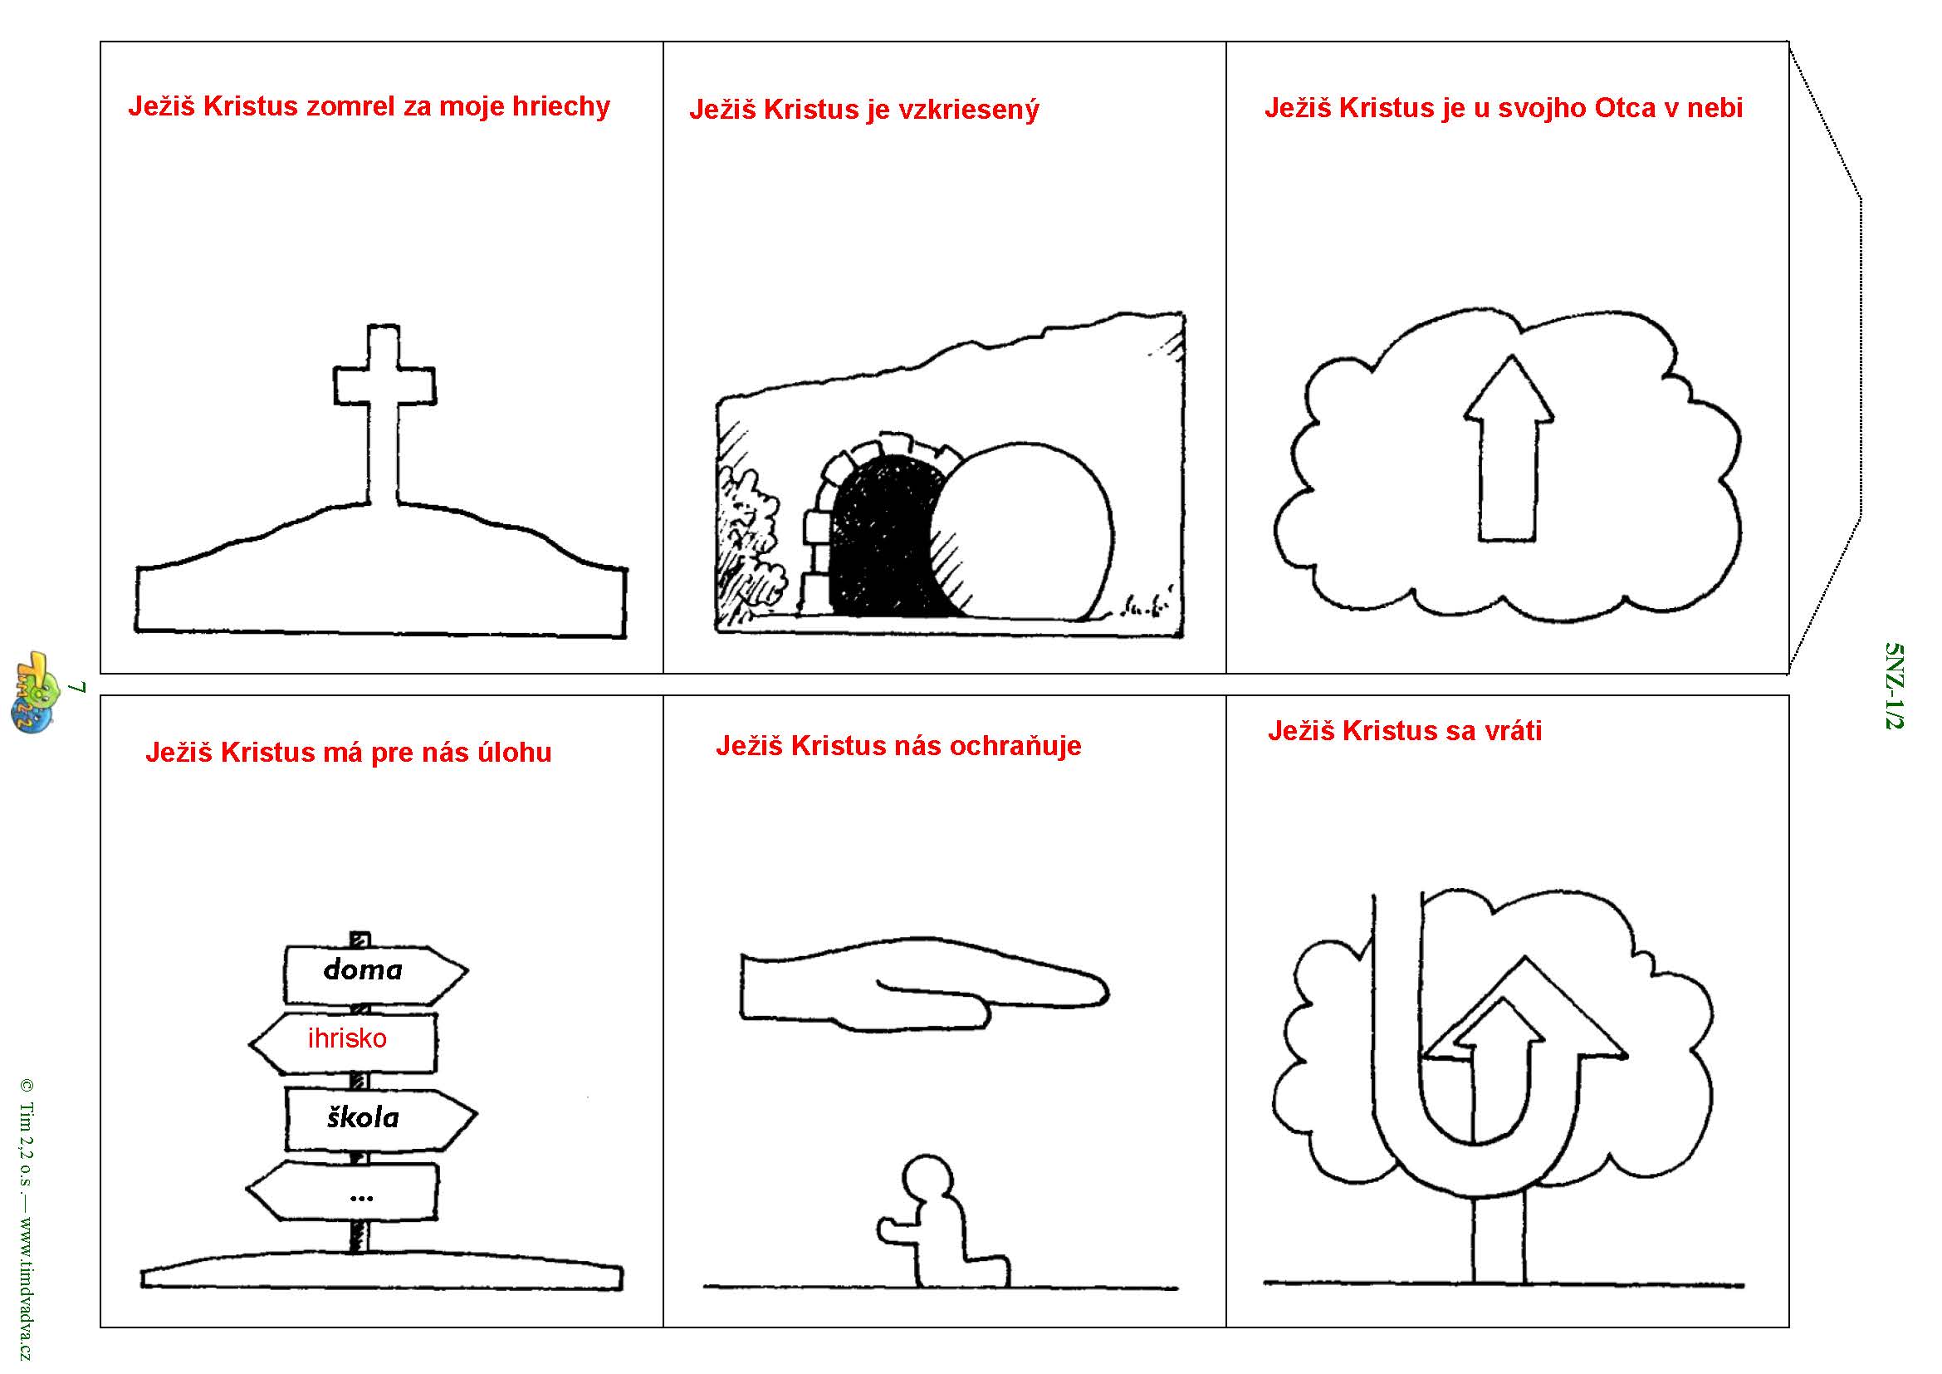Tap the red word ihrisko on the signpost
pos(347,1038)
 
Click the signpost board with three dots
pos(344,1191)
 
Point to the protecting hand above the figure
pos(924,987)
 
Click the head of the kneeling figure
pos(928,1180)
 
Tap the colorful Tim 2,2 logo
pos(34,692)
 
